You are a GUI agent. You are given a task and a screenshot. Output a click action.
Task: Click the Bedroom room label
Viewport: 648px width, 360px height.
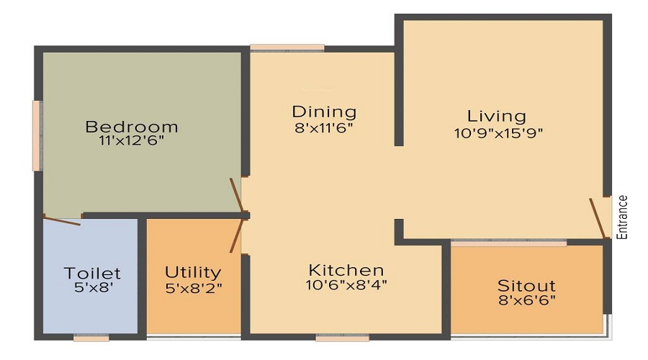(132, 127)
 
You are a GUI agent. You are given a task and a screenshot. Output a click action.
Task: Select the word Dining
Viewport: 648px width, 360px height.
(324, 112)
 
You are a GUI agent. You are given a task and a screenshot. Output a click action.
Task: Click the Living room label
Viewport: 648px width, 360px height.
(497, 115)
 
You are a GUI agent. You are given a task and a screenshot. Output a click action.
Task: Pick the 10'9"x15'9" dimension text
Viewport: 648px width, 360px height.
(497, 132)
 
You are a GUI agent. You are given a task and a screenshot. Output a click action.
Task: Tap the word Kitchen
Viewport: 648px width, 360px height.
(346, 270)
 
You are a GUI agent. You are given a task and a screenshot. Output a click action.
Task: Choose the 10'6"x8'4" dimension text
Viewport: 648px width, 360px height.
(346, 284)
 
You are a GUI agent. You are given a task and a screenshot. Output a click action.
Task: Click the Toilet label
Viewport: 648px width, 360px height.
(92, 274)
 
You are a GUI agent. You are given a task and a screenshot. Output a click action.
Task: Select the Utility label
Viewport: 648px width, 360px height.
(193, 272)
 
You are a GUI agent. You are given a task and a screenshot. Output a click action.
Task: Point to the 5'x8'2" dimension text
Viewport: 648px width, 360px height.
(193, 287)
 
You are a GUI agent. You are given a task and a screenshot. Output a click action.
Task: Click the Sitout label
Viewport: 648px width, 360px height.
(526, 285)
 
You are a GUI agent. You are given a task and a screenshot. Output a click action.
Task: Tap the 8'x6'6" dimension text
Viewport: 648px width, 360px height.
(526, 300)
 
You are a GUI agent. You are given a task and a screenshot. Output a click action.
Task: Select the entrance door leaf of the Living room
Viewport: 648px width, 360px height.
(598, 217)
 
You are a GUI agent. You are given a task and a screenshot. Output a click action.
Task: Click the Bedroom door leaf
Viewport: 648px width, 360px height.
(236, 196)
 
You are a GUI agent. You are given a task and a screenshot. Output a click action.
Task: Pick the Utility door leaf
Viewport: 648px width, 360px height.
(236, 235)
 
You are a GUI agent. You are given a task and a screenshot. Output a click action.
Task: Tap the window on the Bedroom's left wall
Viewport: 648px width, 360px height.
(36, 135)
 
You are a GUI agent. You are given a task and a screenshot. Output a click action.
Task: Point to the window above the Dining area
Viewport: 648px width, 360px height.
(287, 48)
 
